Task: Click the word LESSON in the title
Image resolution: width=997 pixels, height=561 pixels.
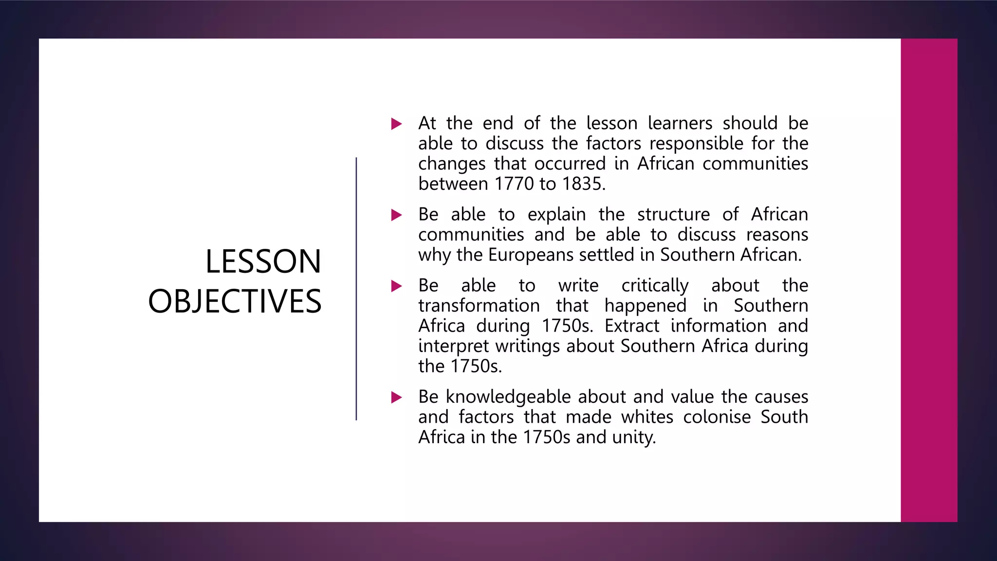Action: (x=263, y=262)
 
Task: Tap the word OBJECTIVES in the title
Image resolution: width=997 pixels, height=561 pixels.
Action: (x=235, y=301)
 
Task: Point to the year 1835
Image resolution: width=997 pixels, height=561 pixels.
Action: (x=583, y=184)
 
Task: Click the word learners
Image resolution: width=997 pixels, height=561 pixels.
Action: (x=680, y=123)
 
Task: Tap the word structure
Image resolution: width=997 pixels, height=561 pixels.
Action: (x=673, y=214)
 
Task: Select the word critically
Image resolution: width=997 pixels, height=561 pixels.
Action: (x=655, y=285)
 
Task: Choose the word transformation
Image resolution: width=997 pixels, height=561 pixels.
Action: (x=479, y=306)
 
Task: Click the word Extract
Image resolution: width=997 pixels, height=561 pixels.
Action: (x=632, y=326)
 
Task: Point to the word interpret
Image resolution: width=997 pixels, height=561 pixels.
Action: (x=454, y=346)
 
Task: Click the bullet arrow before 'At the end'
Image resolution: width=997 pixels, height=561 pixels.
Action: (x=397, y=124)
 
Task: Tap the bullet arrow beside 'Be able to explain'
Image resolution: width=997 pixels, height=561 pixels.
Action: (x=397, y=215)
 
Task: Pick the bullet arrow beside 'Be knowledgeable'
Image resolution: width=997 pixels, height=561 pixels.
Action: (x=397, y=397)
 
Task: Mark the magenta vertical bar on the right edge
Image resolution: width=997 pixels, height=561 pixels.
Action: (x=929, y=280)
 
